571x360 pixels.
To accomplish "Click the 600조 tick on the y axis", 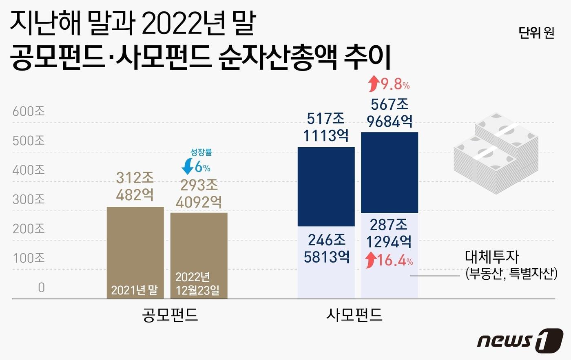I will (29, 111).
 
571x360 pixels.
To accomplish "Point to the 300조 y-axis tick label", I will (29, 199).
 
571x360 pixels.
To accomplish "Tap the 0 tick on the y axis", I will (41, 287).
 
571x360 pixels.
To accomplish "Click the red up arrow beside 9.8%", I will (373, 84).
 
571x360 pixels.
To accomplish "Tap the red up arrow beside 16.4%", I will (370, 260).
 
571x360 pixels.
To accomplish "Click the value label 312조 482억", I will (135, 186).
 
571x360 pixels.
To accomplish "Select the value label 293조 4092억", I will (199, 194).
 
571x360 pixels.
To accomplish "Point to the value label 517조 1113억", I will (326, 127).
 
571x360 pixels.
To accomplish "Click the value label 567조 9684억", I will (390, 113).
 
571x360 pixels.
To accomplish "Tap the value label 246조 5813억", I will (326, 248).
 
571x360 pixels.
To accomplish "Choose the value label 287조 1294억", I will (389, 233).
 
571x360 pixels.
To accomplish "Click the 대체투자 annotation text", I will (492, 257).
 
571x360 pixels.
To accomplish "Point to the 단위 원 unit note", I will (536, 33).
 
